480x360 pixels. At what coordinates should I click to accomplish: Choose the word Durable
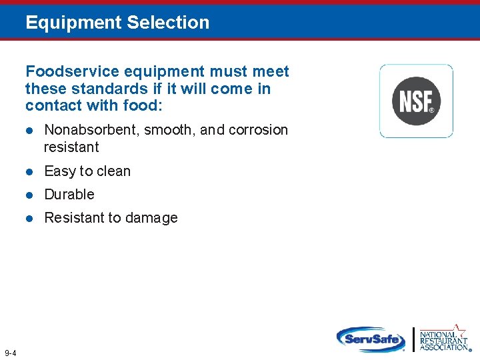(x=69, y=195)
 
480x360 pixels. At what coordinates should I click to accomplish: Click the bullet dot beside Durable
(x=29, y=195)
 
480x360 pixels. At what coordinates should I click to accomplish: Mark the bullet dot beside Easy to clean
(x=29, y=171)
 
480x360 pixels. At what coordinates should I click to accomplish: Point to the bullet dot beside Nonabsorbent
(x=29, y=130)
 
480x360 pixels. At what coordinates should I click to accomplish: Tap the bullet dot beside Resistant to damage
(x=29, y=218)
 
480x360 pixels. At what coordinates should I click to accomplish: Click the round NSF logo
(x=416, y=101)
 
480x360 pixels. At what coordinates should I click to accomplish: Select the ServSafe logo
(x=371, y=339)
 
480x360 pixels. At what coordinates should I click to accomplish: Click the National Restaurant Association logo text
(x=442, y=341)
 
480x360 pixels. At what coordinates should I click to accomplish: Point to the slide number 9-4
(x=11, y=353)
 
